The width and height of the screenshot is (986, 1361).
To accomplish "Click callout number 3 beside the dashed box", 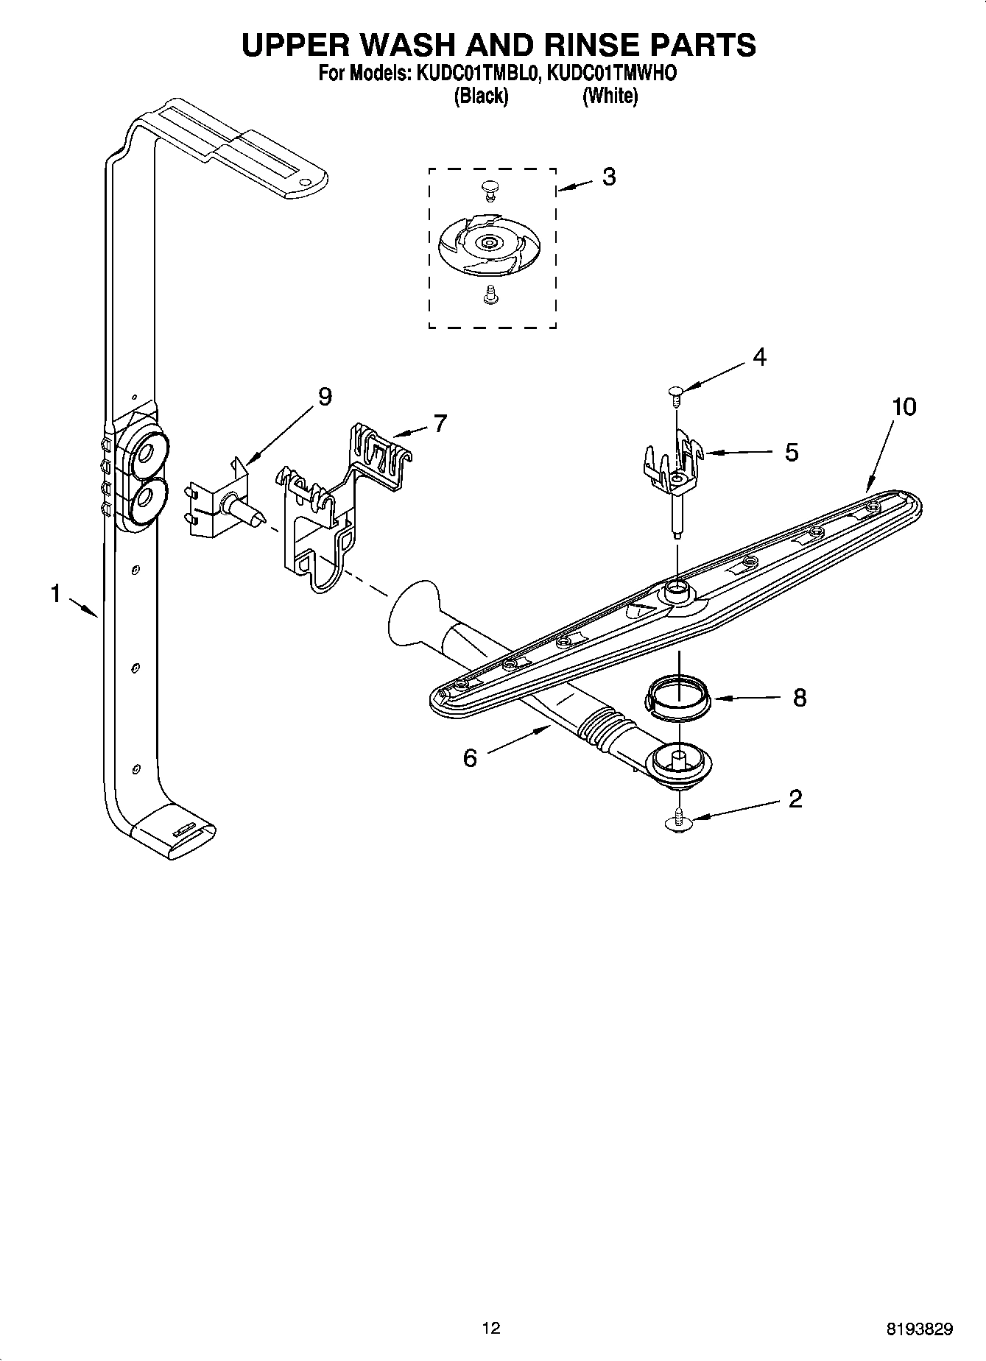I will (x=608, y=177).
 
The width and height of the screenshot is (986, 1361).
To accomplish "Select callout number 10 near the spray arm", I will (x=904, y=406).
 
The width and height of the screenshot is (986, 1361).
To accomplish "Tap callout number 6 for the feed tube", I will (x=470, y=757).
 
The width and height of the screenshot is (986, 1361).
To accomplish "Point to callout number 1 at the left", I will (x=55, y=593).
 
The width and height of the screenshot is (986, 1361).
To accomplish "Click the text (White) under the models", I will (x=610, y=96).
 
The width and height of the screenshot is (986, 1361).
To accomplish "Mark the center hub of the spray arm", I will (x=675, y=589).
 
